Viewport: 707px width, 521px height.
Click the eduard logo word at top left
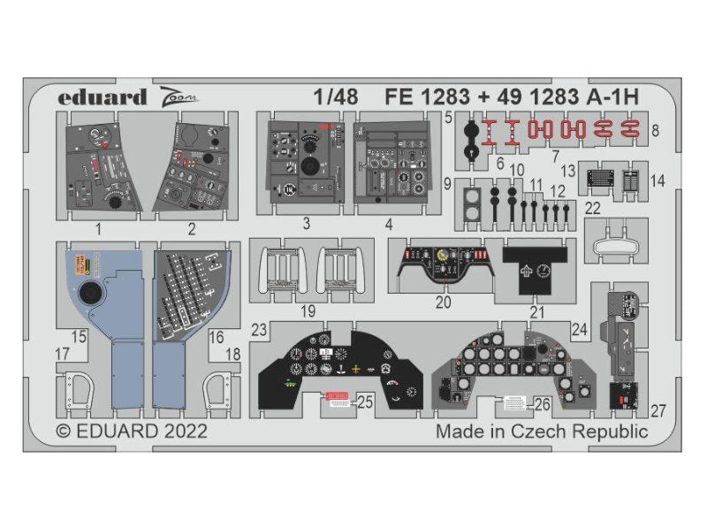pos(103,97)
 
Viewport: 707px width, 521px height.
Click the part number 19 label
pos(306,311)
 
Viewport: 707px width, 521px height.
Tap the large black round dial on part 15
pos(89,295)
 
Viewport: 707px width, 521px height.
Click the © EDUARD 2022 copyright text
pos(132,432)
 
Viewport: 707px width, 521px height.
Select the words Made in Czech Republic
pos(542,432)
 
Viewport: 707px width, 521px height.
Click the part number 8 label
pos(655,131)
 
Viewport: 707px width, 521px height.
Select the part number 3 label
pos(305,224)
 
